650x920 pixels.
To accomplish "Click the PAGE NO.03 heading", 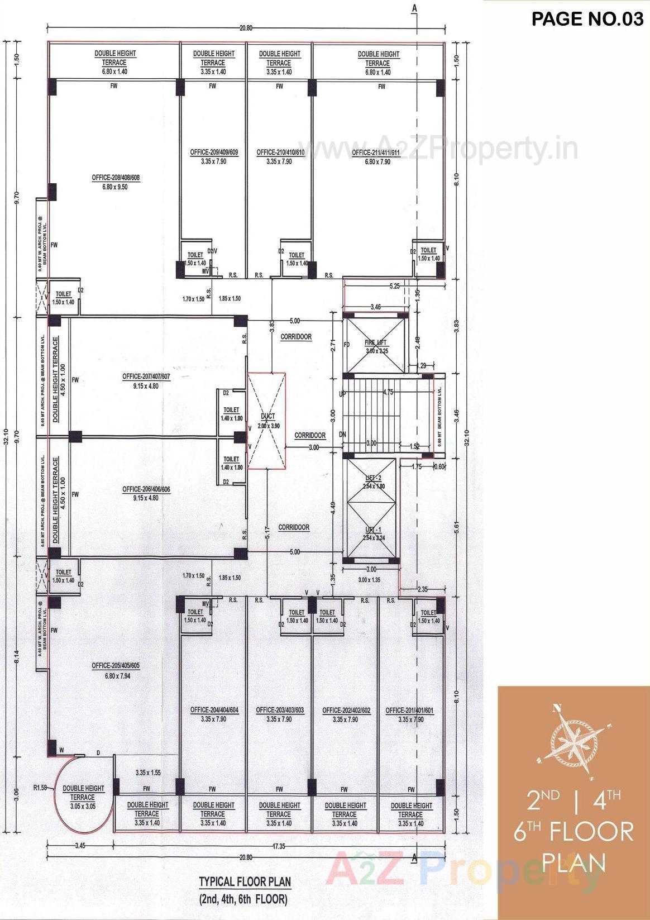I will [x=587, y=19].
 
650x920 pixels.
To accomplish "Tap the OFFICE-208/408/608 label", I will [x=116, y=178].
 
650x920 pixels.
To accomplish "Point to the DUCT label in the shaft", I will [x=267, y=417].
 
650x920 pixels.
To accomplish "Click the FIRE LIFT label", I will [x=376, y=342].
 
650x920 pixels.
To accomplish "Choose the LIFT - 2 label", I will [x=372, y=478].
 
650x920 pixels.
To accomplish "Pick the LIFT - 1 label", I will [x=372, y=530].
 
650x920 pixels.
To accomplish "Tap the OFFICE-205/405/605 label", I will [x=116, y=666].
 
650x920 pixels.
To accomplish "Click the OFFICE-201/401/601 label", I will [x=410, y=711].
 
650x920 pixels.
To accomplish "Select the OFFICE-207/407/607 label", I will [x=146, y=377].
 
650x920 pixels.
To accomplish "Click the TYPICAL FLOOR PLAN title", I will [x=245, y=882].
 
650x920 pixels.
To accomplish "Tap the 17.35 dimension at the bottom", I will [x=279, y=846].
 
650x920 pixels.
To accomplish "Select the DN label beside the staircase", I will [x=343, y=435].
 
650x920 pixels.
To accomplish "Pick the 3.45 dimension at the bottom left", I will [x=80, y=846].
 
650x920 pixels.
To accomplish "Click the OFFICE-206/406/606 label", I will [x=146, y=489].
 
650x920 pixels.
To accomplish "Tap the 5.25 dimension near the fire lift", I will [x=394, y=286].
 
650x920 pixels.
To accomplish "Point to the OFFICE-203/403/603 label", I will [x=280, y=711].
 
